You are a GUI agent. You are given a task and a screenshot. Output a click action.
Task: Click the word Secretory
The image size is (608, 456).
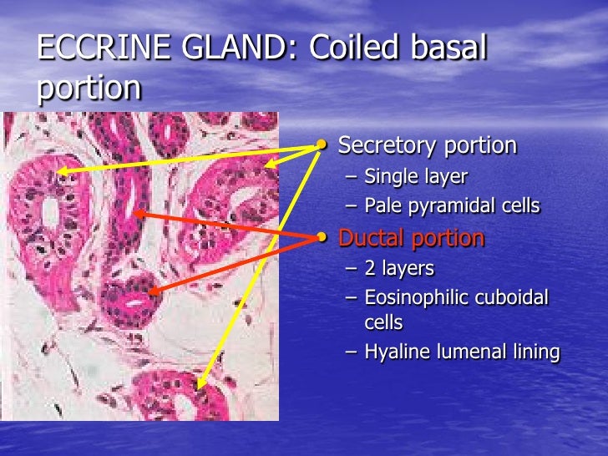[387, 145]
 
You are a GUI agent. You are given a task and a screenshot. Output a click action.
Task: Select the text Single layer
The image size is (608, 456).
[416, 177]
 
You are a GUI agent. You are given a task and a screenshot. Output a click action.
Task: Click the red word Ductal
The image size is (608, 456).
[372, 238]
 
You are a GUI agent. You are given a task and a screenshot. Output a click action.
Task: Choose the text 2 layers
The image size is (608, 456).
[399, 269]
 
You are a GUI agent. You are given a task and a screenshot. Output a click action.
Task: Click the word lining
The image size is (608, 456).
[532, 352]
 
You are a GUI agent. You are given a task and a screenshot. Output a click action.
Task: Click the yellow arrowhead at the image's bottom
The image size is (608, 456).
[200, 386]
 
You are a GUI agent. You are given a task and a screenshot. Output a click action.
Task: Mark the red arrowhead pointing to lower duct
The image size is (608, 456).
[153, 291]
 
